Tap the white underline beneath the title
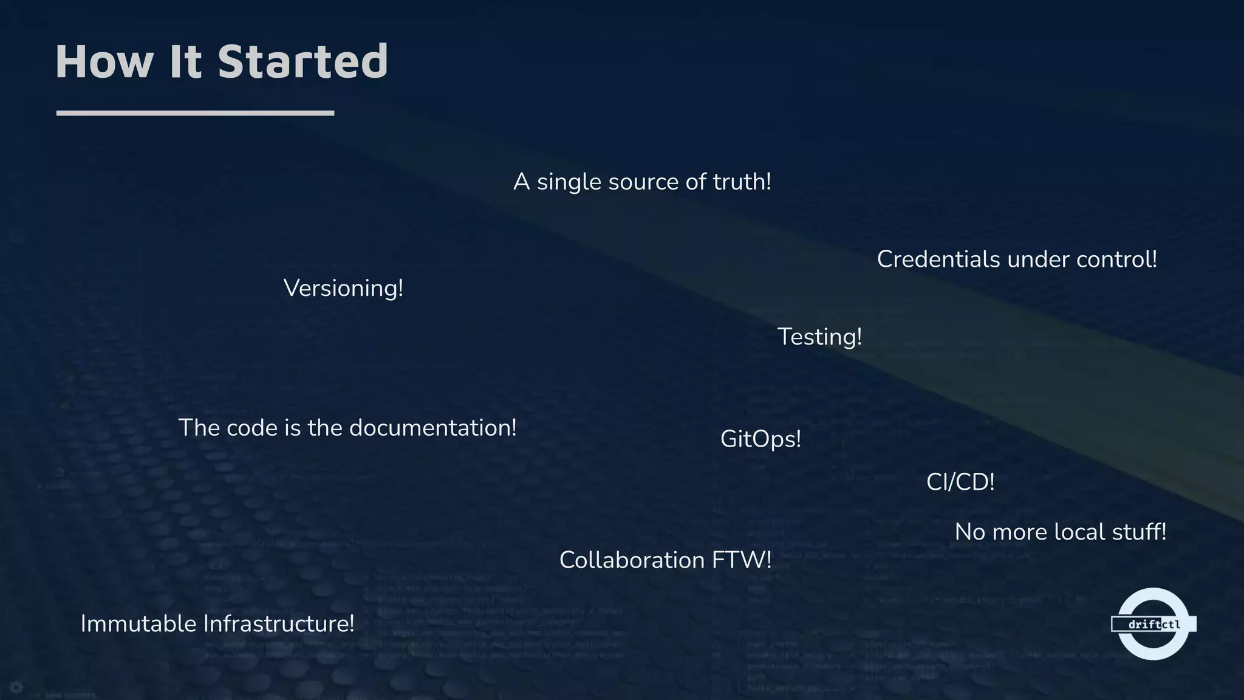[x=195, y=113]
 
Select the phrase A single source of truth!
[x=642, y=182]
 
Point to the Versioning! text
[x=343, y=288]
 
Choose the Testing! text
[x=819, y=337]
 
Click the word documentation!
[x=432, y=428]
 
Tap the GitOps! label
[x=760, y=439]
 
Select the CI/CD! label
[x=960, y=482]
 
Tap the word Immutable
[x=138, y=624]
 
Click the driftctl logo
[x=1153, y=624]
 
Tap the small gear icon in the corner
[x=16, y=687]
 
